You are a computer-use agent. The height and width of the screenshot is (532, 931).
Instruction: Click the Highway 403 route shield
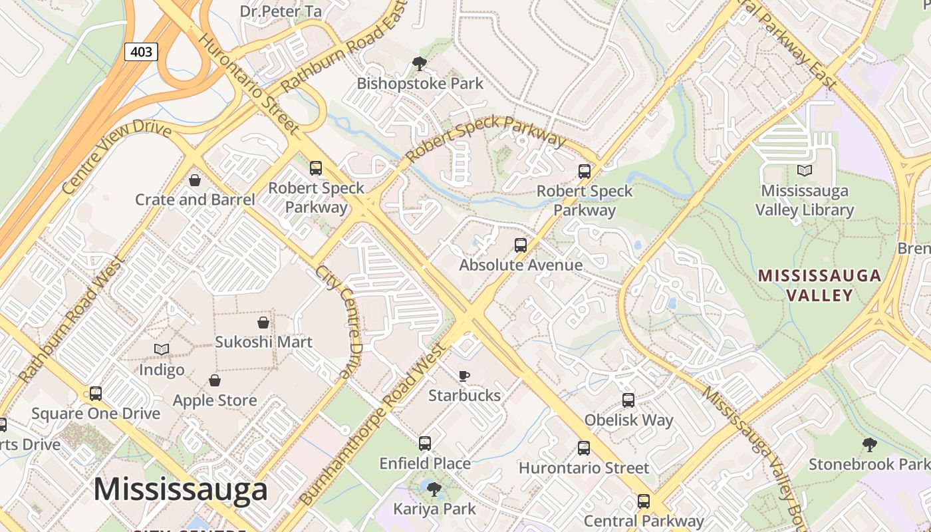141,51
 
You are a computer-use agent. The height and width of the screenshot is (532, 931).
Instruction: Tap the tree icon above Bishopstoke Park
419,64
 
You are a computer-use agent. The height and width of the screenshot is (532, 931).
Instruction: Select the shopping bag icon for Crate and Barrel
195,180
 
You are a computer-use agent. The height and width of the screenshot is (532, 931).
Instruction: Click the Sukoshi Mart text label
263,342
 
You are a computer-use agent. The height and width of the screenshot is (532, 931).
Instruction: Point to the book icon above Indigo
162,349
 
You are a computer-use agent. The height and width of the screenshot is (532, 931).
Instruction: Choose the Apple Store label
215,400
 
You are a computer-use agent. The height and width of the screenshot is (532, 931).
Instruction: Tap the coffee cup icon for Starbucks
464,376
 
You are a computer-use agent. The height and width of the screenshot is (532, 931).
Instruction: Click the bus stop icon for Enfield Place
425,444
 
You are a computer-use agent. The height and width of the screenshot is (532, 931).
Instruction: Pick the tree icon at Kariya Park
434,490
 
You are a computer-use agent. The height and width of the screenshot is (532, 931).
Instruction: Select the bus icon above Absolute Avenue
521,245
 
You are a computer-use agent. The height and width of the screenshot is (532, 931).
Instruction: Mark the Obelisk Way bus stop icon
628,400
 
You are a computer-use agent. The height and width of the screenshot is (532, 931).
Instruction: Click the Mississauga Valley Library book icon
805,171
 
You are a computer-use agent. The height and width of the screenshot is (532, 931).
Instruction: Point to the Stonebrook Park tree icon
868,445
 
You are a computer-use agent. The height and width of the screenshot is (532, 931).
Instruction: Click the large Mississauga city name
180,490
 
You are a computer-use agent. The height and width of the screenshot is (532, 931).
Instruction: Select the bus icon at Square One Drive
96,394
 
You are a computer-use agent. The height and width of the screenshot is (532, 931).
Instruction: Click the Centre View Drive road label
117,156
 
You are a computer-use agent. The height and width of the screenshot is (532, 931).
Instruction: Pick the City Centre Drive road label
338,323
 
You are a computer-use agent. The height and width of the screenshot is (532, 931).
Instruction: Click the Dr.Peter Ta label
281,11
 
